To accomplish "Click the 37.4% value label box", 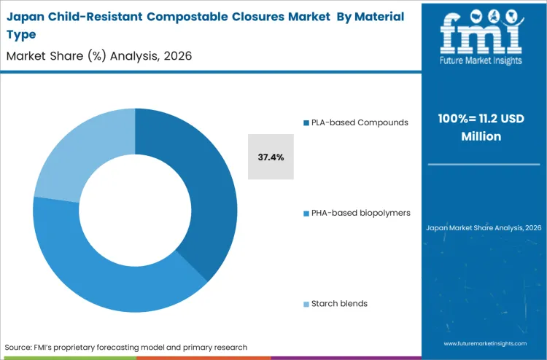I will [x=271, y=157].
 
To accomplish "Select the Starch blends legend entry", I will [x=339, y=303].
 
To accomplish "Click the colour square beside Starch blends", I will [x=306, y=304].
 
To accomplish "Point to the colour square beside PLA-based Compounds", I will [x=306, y=123].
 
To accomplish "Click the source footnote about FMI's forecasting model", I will [x=126, y=347].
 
